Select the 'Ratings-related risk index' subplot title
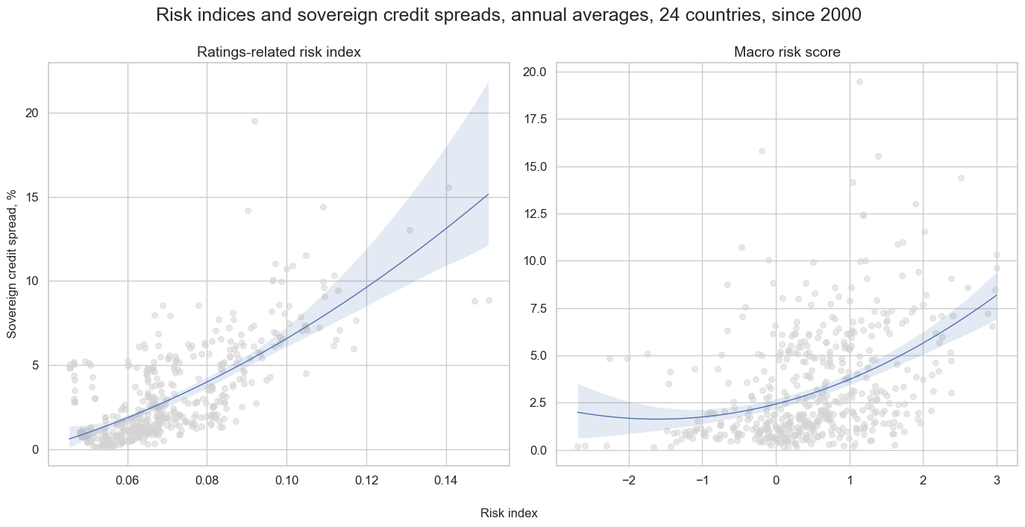click(x=279, y=52)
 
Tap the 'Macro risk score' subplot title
click(x=786, y=52)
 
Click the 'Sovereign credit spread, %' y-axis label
click(x=12, y=263)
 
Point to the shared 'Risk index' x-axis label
click(x=509, y=514)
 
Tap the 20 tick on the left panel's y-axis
click(x=31, y=113)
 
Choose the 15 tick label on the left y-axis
click(x=31, y=197)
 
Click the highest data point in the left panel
click(x=254, y=121)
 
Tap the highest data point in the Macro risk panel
click(x=859, y=82)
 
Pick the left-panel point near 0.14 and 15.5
click(x=448, y=187)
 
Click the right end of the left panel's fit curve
click(x=488, y=194)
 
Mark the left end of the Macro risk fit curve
click(x=578, y=412)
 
